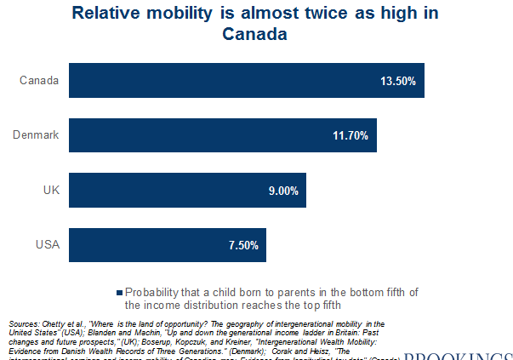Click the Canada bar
click(x=246, y=81)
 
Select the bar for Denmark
click(x=222, y=135)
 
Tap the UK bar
click(x=186, y=191)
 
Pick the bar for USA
click(x=167, y=245)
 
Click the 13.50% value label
click(x=398, y=82)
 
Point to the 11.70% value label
click(x=351, y=136)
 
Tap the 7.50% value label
click(x=242, y=246)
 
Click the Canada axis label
click(x=38, y=81)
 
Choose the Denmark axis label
click(x=35, y=135)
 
